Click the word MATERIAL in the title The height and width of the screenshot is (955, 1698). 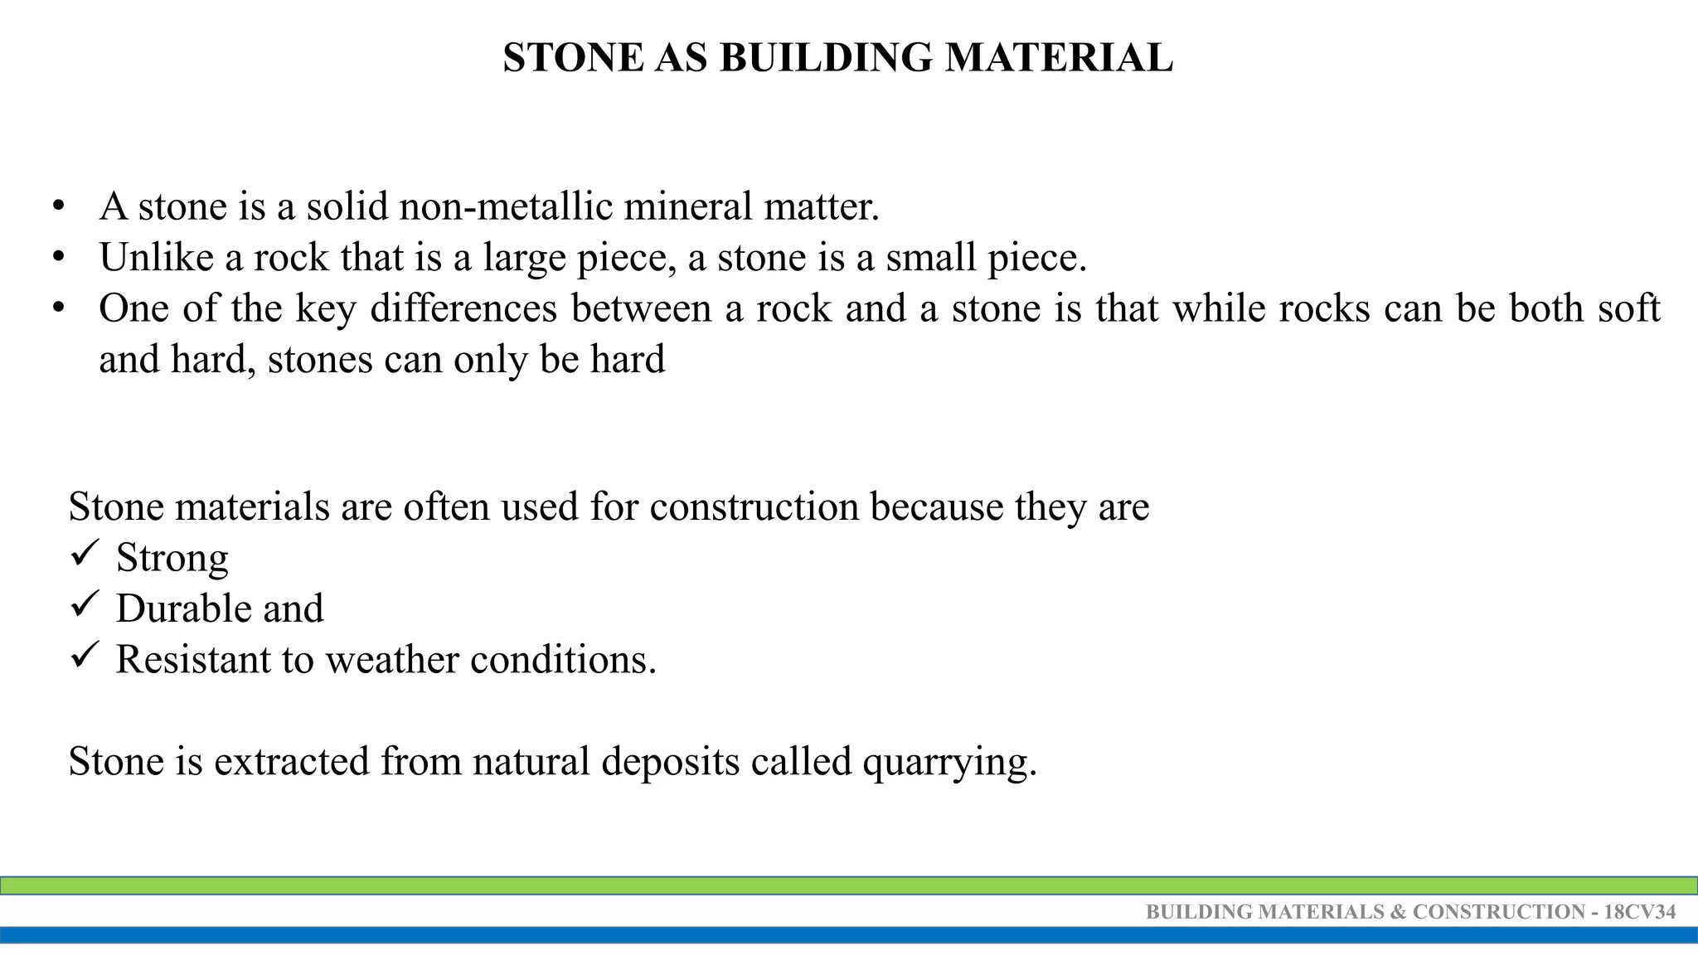(x=1059, y=58)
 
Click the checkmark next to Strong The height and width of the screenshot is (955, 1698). (x=85, y=553)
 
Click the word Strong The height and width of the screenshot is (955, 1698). (x=172, y=558)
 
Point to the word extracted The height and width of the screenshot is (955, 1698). (x=291, y=761)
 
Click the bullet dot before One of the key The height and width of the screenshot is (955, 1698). (x=57, y=308)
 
